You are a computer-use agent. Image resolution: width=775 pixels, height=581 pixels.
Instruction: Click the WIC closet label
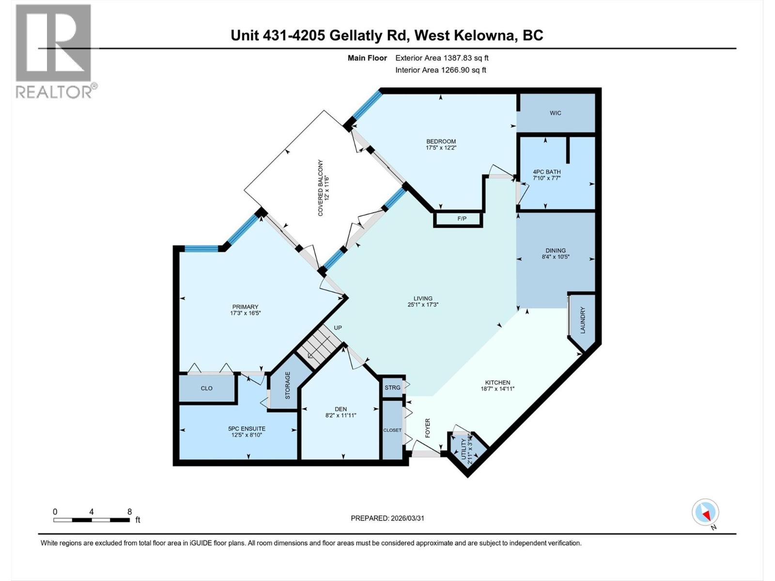coord(555,113)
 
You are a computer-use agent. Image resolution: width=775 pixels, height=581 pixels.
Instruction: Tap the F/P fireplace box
coord(462,219)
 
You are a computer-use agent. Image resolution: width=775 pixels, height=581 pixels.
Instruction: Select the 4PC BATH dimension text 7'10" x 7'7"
coord(546,178)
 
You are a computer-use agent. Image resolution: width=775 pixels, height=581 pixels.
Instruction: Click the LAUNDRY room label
coord(583,320)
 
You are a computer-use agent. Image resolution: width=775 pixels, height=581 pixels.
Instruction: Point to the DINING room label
coord(555,250)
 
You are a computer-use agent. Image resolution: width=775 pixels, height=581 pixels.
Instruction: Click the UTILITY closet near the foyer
coord(465,449)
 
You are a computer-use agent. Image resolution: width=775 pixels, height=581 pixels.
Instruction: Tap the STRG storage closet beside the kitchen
coord(392,387)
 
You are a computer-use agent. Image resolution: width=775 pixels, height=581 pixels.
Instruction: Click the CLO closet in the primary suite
coord(207,388)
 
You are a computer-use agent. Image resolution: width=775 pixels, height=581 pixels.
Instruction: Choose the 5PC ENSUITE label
coord(247,428)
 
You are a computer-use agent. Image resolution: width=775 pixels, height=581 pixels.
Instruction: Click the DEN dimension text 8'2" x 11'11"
coord(341,415)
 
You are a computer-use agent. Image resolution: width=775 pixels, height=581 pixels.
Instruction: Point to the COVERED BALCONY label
coord(320,188)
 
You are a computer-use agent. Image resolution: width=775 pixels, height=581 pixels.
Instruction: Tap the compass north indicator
coord(705,512)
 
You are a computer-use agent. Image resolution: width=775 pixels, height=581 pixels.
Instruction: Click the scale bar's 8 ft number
coord(129,512)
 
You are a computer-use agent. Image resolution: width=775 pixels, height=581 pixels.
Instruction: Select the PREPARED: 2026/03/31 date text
coord(387,518)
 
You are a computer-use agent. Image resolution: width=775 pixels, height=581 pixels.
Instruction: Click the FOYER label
coord(428,428)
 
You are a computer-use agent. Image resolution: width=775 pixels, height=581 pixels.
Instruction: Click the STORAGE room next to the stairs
coord(287,385)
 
